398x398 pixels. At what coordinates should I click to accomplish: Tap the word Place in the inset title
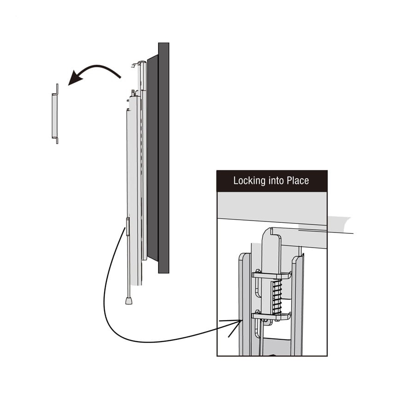click(298, 180)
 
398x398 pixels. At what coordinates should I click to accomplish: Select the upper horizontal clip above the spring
click(271, 275)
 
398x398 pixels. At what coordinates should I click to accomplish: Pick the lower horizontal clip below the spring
click(271, 315)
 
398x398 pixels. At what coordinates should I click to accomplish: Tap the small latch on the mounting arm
click(127, 227)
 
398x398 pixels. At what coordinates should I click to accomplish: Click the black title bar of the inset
click(272, 181)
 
